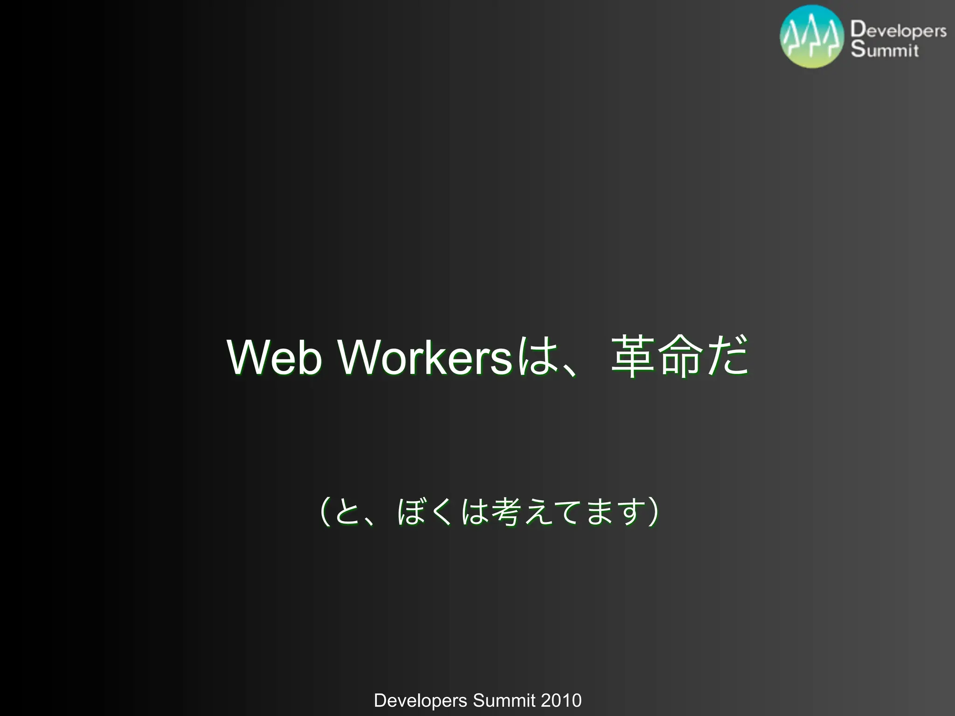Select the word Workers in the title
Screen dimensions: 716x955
point(425,357)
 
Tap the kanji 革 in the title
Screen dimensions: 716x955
point(633,356)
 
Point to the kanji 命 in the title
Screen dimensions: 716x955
point(680,356)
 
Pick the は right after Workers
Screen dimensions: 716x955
point(538,356)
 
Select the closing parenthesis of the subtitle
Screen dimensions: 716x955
point(653,512)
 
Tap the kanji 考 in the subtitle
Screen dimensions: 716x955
point(506,512)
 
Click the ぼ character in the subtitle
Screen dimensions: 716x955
point(411,512)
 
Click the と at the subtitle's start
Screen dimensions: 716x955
point(347,512)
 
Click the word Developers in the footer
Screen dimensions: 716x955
point(420,701)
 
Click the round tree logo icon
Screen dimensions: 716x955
point(812,36)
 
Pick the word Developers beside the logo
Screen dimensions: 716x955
point(898,30)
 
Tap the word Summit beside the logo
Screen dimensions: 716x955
point(885,49)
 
